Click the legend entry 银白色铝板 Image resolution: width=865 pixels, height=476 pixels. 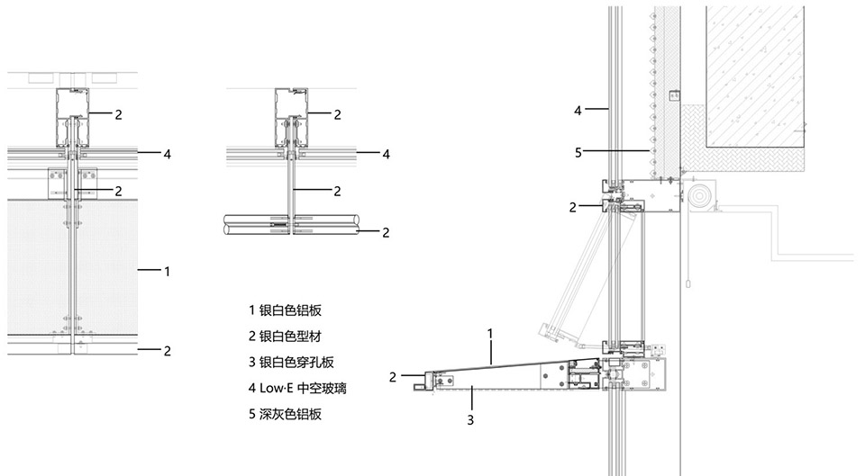click(x=285, y=310)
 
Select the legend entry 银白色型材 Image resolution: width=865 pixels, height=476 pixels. click(x=285, y=337)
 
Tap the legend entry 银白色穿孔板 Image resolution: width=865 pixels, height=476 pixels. click(x=291, y=363)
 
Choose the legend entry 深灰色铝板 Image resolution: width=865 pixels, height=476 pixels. click(x=285, y=415)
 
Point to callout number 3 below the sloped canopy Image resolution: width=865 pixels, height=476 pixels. click(x=469, y=418)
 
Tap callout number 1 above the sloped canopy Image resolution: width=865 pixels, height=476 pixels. click(x=490, y=333)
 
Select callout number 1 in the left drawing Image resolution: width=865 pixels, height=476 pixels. click(x=168, y=270)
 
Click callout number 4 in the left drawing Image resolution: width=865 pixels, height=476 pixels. click(x=168, y=154)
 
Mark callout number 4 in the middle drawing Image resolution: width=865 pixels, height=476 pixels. click(x=387, y=154)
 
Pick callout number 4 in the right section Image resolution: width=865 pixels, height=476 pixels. click(x=578, y=111)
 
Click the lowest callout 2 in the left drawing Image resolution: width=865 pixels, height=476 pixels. click(x=168, y=351)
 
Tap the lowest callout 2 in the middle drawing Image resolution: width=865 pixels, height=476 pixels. click(x=387, y=232)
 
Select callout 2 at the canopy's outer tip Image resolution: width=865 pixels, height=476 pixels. click(x=393, y=375)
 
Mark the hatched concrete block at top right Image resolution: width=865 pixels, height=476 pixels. click(x=755, y=72)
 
